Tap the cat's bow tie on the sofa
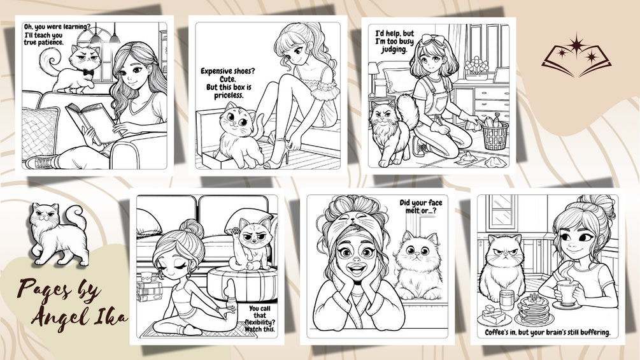tap(88, 72)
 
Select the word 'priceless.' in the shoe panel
tap(229, 96)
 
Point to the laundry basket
tap(495, 134)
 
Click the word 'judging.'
tap(394, 50)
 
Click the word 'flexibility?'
tap(260, 322)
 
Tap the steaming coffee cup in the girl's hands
tap(568, 292)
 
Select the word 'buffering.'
tap(594, 333)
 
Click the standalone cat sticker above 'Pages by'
tap(60, 234)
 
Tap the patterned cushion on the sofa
tap(40, 131)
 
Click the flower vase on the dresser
tap(477, 70)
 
